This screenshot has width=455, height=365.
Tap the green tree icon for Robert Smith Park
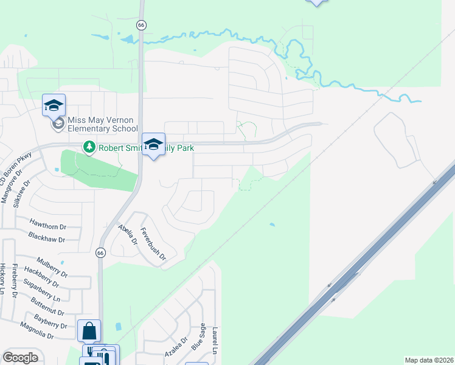(89, 147)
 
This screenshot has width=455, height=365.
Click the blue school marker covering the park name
(153, 144)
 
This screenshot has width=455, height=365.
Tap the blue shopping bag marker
(89, 331)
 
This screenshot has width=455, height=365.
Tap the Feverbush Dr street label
(153, 244)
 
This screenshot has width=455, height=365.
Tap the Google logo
(20, 358)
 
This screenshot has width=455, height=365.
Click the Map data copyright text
(428, 360)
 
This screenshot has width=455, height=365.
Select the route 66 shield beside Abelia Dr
(101, 252)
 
